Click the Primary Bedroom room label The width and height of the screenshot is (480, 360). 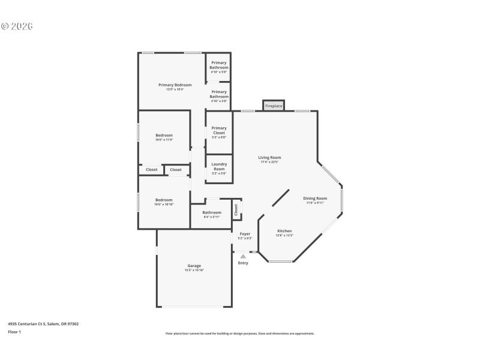(x=175, y=85)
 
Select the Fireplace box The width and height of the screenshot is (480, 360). (x=274, y=106)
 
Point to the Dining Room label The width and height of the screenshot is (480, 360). (x=315, y=198)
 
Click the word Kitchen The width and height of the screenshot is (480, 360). (x=284, y=231)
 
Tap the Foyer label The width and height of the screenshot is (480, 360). (x=245, y=233)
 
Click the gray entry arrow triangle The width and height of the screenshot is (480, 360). (x=243, y=256)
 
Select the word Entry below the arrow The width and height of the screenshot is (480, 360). (x=243, y=263)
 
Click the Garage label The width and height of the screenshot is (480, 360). (x=194, y=266)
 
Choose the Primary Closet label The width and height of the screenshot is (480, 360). (x=219, y=130)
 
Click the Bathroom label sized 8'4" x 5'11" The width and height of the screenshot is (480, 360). (x=211, y=212)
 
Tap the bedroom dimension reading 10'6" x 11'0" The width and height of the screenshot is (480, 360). (x=164, y=140)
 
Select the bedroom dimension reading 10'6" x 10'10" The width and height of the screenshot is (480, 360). (x=164, y=205)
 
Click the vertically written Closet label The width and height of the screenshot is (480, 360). (x=236, y=209)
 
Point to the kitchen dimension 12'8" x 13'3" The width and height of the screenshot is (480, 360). (x=284, y=236)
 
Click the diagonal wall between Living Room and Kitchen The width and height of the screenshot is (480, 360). (x=278, y=199)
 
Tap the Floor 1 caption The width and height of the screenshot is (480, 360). (x=14, y=332)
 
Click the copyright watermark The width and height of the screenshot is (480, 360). (x=16, y=26)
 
